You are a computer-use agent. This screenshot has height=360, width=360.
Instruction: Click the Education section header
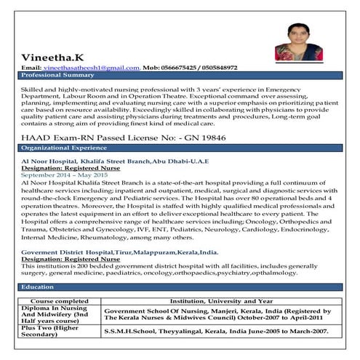pyautogui.click(x=36, y=287)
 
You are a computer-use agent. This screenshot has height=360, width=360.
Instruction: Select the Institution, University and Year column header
pyautogui.click(x=223, y=300)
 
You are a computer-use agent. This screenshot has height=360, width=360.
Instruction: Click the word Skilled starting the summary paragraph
pyautogui.click(x=33, y=87)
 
